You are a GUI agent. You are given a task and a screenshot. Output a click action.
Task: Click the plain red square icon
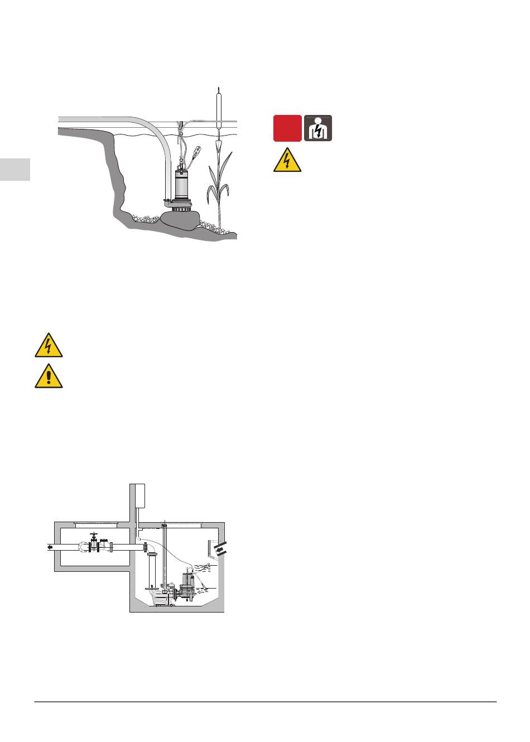coord(287,128)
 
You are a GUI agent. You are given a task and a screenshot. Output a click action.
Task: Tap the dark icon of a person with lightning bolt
coord(318,128)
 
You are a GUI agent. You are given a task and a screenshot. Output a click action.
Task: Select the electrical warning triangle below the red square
coord(287,161)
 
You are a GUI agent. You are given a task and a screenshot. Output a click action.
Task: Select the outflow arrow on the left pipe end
coord(50,547)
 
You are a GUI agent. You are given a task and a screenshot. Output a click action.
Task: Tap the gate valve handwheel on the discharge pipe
coord(94,534)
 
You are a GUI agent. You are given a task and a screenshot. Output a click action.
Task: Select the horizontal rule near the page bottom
coord(265,702)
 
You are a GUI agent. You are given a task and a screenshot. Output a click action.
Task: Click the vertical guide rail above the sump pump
coord(164,558)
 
